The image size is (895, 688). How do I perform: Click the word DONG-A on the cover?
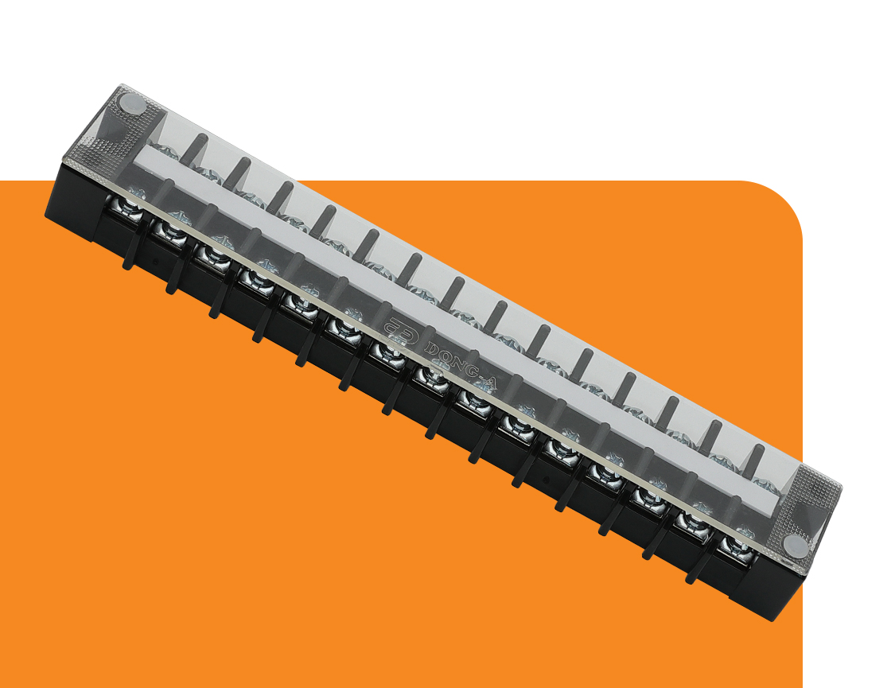click(x=461, y=366)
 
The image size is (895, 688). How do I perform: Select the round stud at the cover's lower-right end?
click(x=796, y=546)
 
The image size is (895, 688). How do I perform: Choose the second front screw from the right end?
click(x=691, y=523)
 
